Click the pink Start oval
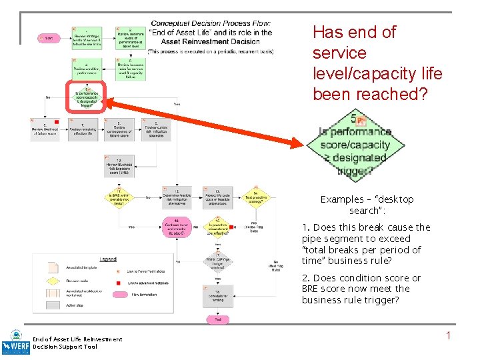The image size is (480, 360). [47, 39]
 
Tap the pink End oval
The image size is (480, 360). [218, 319]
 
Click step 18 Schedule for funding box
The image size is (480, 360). [218, 294]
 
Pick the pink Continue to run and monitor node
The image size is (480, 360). [177, 227]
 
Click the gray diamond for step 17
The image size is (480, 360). [218, 263]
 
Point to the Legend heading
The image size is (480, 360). [109, 259]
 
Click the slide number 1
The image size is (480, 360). [448, 335]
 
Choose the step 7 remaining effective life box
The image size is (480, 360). [87, 129]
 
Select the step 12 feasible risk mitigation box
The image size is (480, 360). [177, 196]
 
